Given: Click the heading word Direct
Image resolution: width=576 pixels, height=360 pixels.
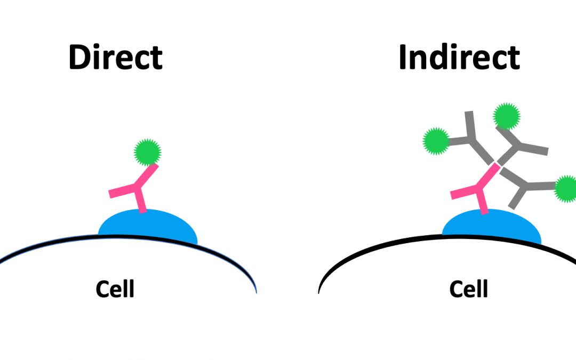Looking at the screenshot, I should (115, 58).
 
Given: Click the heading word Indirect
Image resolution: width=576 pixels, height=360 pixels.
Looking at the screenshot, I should (459, 58).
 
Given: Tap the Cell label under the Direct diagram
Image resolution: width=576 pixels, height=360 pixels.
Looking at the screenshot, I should (115, 289).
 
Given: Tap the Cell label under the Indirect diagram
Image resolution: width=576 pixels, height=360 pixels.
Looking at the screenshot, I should (468, 289).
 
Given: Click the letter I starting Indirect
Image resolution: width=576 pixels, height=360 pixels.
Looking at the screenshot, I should (403, 58).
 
